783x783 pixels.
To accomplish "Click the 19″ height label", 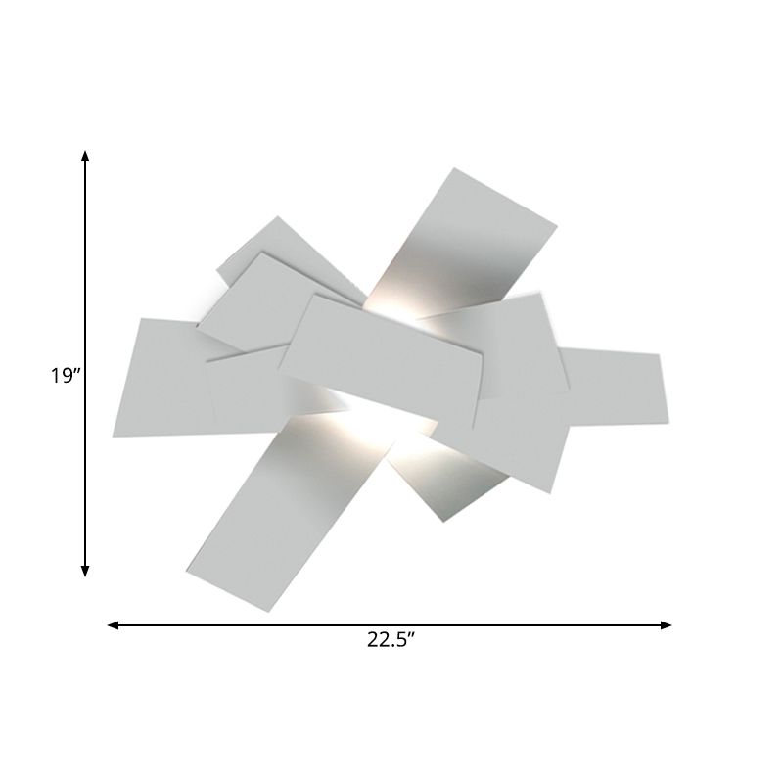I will coord(65,376).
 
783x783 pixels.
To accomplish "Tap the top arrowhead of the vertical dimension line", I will coord(86,157).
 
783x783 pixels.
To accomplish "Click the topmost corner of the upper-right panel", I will coord(453,168).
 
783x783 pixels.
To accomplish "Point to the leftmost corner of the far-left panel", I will coord(113,436).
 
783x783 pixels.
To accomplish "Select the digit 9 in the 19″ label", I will coord(66,376).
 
